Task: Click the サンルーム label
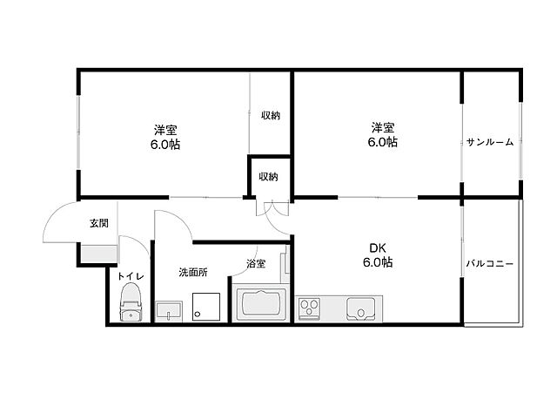[x=490, y=142]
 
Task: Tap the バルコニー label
[x=489, y=264]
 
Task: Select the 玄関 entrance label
[x=98, y=223]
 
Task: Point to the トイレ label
[x=131, y=276]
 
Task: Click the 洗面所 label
[x=193, y=273]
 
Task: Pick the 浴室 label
[x=256, y=263]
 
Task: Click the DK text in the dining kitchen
[x=377, y=247]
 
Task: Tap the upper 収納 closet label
[x=271, y=115]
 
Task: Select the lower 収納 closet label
[x=268, y=176]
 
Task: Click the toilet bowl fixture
[x=131, y=302]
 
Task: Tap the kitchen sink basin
[x=360, y=308]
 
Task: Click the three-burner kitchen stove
[x=309, y=308]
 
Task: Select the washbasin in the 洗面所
[x=169, y=312]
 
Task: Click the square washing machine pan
[x=206, y=307]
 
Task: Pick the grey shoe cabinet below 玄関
[x=98, y=254]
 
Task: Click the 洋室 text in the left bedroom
[x=165, y=130]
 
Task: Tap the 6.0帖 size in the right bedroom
[x=383, y=142]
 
